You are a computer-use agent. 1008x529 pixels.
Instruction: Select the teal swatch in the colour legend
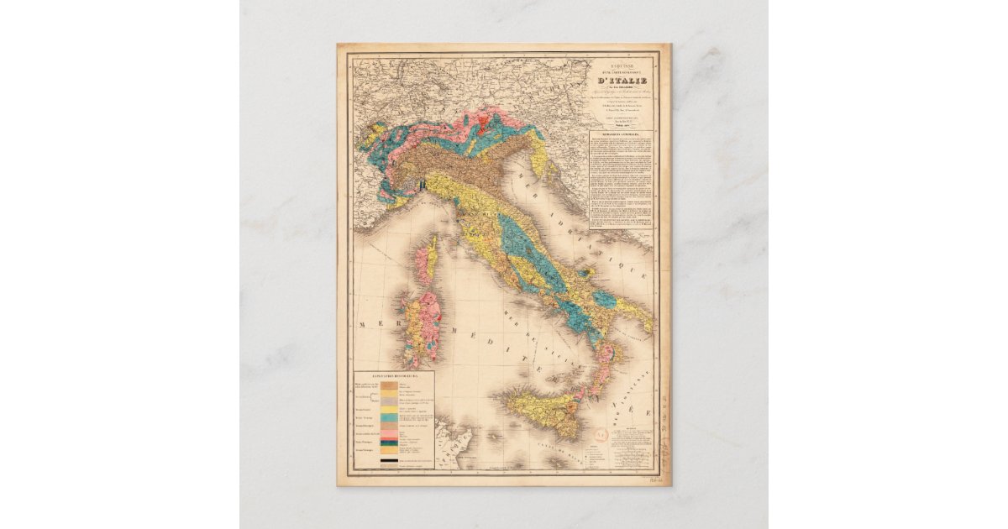[389, 417]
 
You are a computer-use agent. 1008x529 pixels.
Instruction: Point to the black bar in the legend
[389, 460]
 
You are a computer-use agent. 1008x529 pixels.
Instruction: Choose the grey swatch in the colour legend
[389, 401]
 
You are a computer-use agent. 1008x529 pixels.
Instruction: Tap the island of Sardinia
[412, 327]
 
